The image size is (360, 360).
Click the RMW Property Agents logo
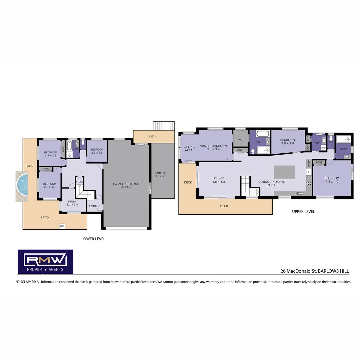click(x=45, y=262)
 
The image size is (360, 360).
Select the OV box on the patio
click(x=62, y=226)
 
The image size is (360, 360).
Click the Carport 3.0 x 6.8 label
click(x=161, y=174)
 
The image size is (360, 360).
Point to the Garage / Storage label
click(x=126, y=185)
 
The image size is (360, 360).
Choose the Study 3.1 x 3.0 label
click(x=72, y=203)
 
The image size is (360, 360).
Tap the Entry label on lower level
click(x=93, y=206)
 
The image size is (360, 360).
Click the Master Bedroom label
click(x=213, y=147)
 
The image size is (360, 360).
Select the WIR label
click(x=241, y=140)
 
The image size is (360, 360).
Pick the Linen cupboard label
click(x=241, y=150)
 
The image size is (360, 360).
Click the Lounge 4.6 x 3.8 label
click(x=218, y=180)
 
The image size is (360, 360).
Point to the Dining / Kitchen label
click(x=272, y=183)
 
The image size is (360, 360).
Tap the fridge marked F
click(x=309, y=172)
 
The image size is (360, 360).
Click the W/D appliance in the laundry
click(x=323, y=147)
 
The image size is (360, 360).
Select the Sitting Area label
click(x=189, y=148)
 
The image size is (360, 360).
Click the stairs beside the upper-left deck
click(x=164, y=126)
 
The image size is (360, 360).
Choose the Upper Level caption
click(x=303, y=211)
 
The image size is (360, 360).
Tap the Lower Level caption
click(x=93, y=239)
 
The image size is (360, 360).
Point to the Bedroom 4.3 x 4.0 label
click(x=332, y=180)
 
